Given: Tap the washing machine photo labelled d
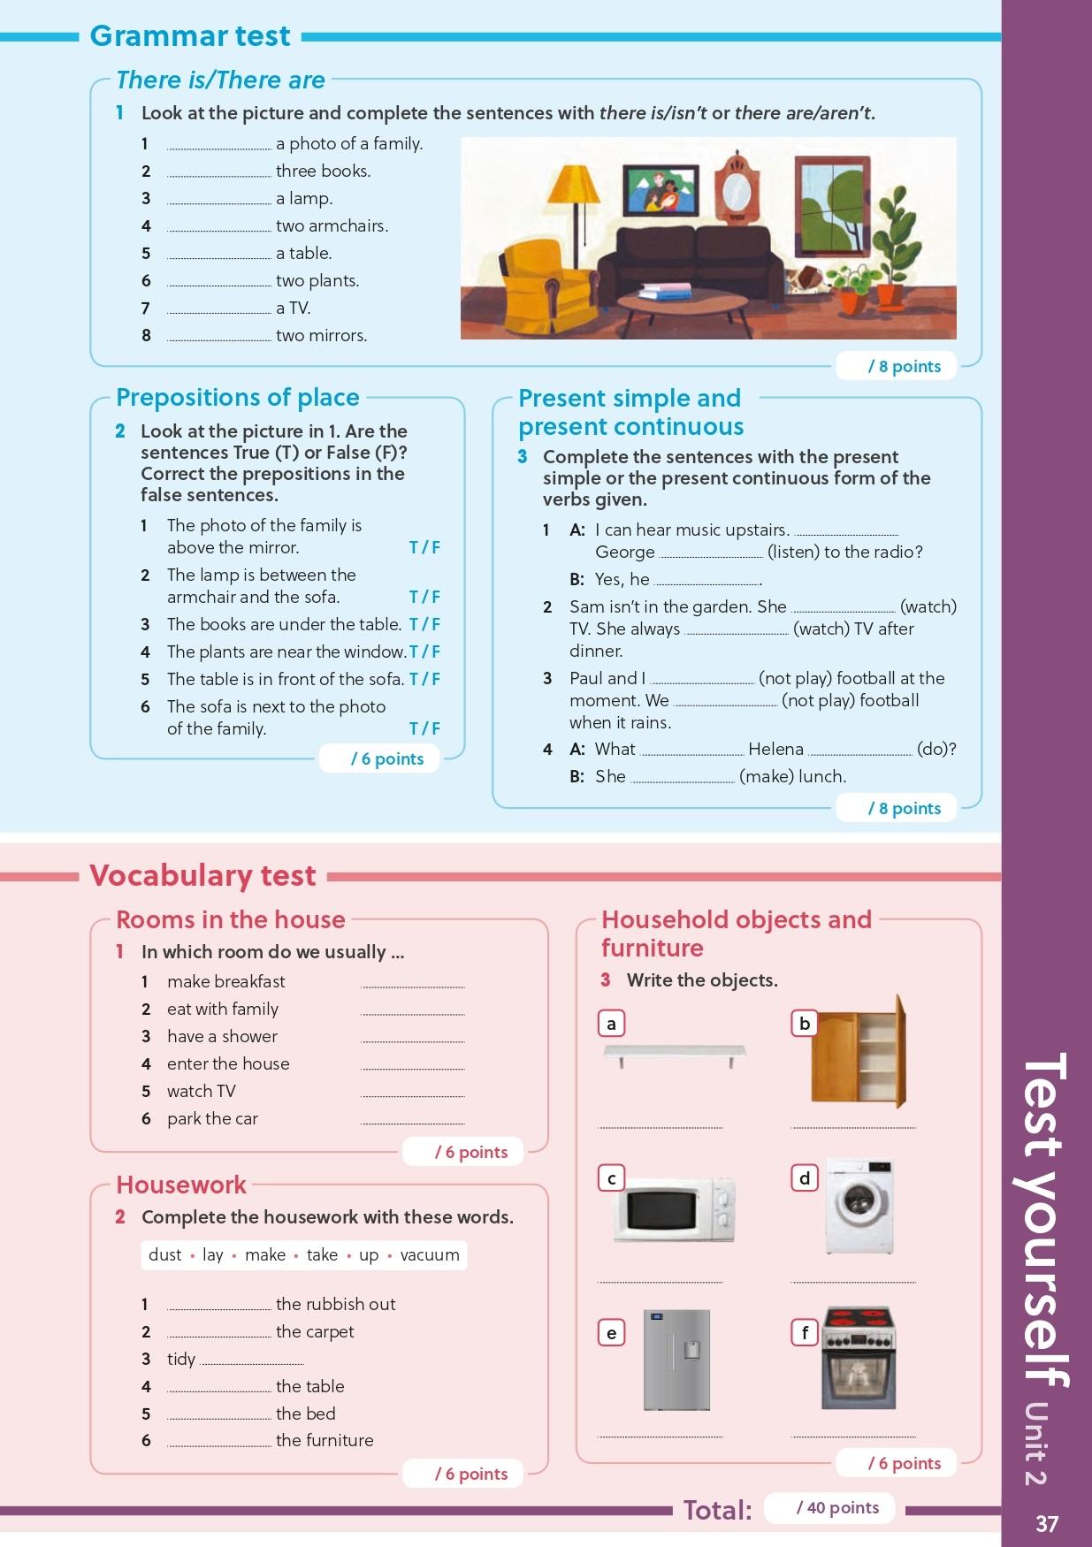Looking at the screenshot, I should click(859, 1206).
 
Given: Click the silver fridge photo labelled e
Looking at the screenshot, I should click(676, 1360).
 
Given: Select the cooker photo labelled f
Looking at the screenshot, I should click(859, 1360).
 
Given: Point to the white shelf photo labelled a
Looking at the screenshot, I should click(675, 1053).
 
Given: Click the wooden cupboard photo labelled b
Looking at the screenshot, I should click(859, 1052).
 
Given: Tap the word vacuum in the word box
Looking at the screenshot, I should click(430, 1255).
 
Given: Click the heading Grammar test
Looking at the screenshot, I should click(190, 36).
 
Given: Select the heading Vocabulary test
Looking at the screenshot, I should click(202, 875).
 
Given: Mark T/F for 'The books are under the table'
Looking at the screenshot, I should click(424, 625).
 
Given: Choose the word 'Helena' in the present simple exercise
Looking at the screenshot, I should click(775, 750).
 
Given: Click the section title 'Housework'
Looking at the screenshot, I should click(181, 1185).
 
